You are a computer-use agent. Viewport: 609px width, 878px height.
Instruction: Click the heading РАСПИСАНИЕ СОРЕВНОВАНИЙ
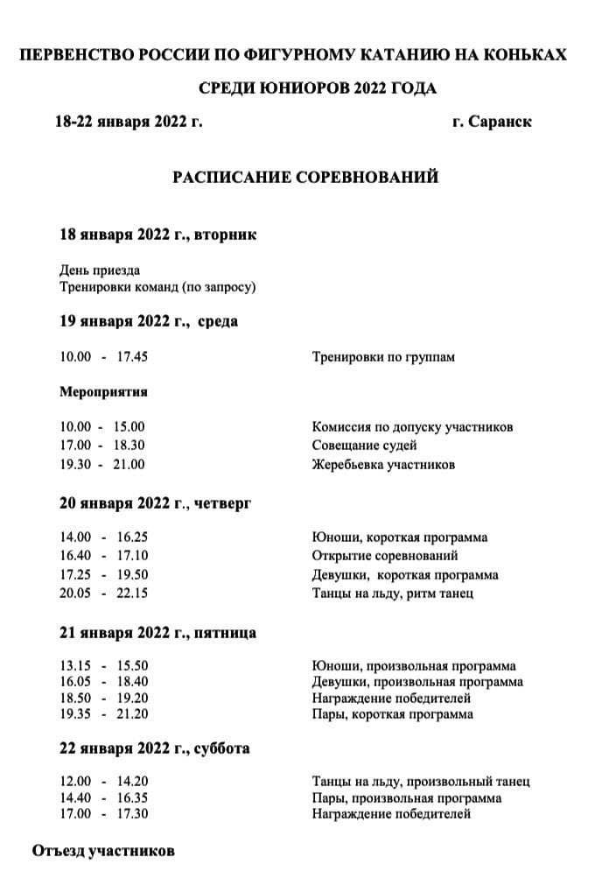pyautogui.click(x=304, y=178)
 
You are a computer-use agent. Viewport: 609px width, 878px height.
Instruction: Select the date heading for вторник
pyautogui.click(x=157, y=235)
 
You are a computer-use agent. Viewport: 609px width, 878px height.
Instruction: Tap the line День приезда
pyautogui.click(x=100, y=270)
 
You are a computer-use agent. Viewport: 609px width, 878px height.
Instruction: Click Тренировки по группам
pyautogui.click(x=383, y=357)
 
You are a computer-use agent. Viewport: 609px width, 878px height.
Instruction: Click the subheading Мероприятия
pyautogui.click(x=103, y=391)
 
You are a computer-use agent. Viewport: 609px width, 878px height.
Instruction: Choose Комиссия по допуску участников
pyautogui.click(x=412, y=427)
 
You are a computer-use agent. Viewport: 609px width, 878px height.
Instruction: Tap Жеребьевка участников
pyautogui.click(x=383, y=465)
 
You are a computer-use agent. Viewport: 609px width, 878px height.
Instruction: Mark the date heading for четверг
pyautogui.click(x=155, y=503)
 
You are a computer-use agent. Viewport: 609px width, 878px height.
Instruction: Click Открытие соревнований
pyautogui.click(x=385, y=556)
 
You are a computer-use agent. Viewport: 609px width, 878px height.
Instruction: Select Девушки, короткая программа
pyautogui.click(x=405, y=575)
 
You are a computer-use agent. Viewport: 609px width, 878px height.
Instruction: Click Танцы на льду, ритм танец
pyautogui.click(x=393, y=594)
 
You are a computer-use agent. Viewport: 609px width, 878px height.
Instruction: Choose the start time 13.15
pyautogui.click(x=75, y=666)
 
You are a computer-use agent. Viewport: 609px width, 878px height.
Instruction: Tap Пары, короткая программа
pyautogui.click(x=392, y=714)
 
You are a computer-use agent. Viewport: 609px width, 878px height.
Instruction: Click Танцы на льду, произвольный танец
pyautogui.click(x=421, y=782)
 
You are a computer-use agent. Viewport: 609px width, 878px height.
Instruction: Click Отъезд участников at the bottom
pyautogui.click(x=103, y=851)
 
